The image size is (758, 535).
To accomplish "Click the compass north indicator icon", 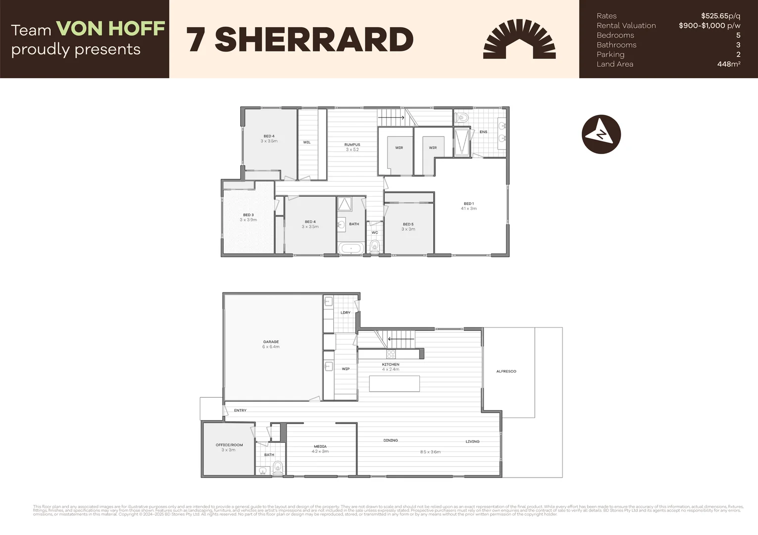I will coord(601,134).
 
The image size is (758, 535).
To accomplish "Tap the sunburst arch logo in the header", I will coord(519,40).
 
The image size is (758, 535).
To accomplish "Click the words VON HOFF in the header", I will coord(110,29).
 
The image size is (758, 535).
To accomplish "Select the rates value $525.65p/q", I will coord(720,16).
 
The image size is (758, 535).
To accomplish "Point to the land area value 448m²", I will coord(728,64).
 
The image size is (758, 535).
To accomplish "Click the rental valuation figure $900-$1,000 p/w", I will coord(709,26).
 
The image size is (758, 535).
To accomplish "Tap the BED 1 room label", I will coord(468,204).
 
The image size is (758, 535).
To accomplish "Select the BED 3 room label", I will coord(248,215).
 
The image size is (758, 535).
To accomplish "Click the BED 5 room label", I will coord(408,224).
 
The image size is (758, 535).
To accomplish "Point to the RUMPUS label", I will coord(352,145).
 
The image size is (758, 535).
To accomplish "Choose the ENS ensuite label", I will coord(483,132).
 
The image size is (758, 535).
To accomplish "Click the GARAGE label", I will coord(271,342).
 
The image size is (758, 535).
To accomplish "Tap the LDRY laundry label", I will coord(346,313).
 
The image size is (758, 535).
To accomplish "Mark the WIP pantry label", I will coord(346,369).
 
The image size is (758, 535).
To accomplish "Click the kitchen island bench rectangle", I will coord(394,384).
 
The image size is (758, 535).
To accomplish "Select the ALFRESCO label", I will coord(506,371).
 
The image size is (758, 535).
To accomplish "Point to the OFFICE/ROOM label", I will coord(229,445).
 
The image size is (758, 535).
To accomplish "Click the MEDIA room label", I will coord(320,446).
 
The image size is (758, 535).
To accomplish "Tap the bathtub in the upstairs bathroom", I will coord(351,248).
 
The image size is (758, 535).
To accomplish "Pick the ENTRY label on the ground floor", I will coord(240,410).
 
